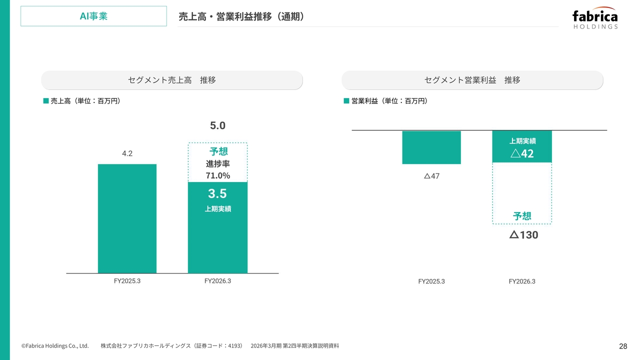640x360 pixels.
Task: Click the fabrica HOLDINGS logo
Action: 595,18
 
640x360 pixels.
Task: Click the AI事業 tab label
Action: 93,16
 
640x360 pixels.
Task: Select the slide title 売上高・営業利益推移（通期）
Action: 241,16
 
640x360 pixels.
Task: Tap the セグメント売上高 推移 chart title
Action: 171,80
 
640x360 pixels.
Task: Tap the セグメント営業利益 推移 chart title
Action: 472,80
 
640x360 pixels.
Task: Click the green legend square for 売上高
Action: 46,101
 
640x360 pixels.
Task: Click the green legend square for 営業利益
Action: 346,101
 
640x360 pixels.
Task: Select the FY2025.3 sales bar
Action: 127,218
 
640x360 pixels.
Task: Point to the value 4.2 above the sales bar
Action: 127,153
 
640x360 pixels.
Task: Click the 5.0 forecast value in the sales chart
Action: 217,125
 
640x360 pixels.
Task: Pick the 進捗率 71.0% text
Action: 217,170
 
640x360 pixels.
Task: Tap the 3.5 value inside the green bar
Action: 217,194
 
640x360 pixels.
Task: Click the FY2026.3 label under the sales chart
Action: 217,281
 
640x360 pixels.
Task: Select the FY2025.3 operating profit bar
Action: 431,147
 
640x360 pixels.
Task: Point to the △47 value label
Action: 431,176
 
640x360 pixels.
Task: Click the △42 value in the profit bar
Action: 522,153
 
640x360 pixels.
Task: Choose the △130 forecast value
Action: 523,234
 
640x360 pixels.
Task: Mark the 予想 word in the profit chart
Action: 522,216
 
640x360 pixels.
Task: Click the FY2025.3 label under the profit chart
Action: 431,281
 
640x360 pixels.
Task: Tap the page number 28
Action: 623,346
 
